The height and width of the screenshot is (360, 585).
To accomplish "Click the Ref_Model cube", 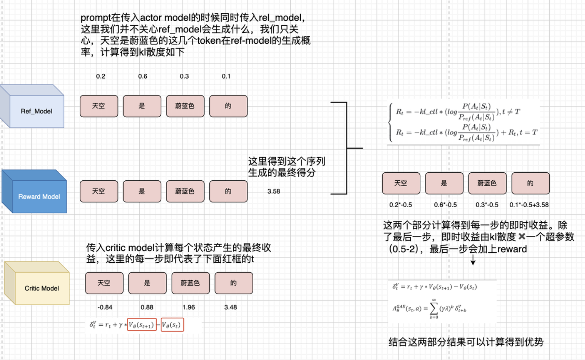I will tap(36, 111).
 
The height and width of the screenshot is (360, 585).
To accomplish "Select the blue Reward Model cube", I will tap(39, 196).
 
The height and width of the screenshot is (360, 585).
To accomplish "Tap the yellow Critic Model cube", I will tap(41, 288).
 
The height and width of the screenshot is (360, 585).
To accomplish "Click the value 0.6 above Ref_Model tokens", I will tap(143, 76).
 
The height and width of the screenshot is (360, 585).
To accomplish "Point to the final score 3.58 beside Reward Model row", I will tap(273, 191).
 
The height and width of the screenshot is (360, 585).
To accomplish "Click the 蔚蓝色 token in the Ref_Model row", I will tap(185, 106).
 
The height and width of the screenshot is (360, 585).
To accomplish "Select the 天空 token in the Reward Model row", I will tap(99, 191).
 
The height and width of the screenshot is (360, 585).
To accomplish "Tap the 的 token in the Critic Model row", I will tap(234, 283).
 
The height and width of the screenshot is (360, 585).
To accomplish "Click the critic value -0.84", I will tap(105, 307).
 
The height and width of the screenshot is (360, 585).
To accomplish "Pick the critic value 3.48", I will tap(230, 307).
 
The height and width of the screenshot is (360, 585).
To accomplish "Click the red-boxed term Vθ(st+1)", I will tap(142, 325).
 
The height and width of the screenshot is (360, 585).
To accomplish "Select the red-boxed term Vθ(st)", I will tap(172, 325).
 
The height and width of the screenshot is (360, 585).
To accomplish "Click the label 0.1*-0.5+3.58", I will tap(529, 205).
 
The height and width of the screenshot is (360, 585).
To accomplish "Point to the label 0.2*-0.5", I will tap(401, 205).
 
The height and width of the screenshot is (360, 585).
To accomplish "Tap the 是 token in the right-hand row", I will tap(444, 183).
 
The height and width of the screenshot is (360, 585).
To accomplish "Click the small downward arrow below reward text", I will tap(473, 260).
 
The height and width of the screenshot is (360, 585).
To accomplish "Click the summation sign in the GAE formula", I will tap(434, 309).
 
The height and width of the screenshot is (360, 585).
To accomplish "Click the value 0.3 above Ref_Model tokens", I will tap(184, 76).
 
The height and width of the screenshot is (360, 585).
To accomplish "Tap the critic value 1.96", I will tap(189, 307).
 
